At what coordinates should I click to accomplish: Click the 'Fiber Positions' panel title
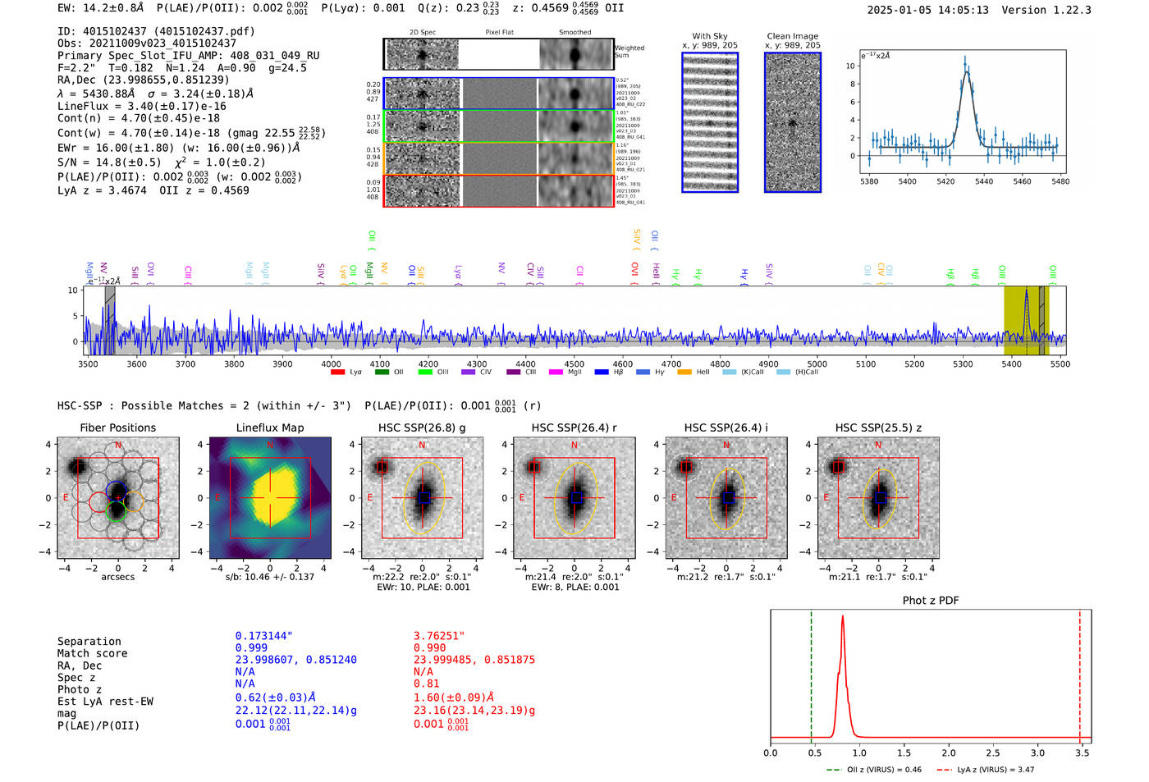click(x=117, y=428)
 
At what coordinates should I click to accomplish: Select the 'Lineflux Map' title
click(x=270, y=428)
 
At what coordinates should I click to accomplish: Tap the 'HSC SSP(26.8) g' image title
click(x=422, y=428)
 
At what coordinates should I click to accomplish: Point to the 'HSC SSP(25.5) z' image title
click(x=878, y=428)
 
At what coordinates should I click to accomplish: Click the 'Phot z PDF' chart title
click(x=931, y=601)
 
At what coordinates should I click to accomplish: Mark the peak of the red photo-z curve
click(x=842, y=616)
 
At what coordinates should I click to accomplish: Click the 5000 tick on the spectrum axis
click(x=817, y=364)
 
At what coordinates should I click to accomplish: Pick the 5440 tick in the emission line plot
click(x=983, y=181)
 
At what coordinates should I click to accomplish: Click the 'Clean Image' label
click(x=792, y=36)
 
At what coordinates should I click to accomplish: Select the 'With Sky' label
click(x=709, y=36)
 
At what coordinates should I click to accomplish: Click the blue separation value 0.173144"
click(x=264, y=636)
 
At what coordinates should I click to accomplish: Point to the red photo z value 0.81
click(x=427, y=684)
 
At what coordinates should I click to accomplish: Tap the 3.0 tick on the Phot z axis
click(x=1037, y=752)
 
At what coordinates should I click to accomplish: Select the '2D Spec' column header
click(x=422, y=33)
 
